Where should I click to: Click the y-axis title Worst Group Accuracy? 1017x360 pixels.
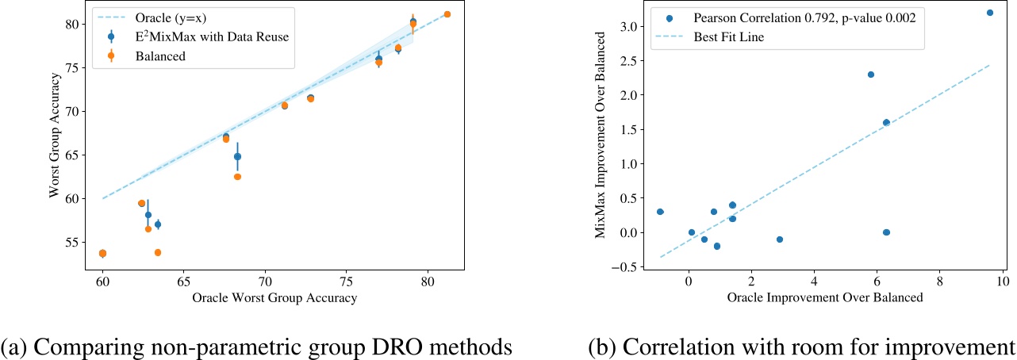pyautogui.click(x=55, y=136)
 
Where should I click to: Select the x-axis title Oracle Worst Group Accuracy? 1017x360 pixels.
pyautogui.click(x=274, y=298)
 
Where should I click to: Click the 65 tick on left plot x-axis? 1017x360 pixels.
pyautogui.click(x=183, y=281)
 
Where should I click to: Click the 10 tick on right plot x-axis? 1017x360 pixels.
pyautogui.click(x=1002, y=281)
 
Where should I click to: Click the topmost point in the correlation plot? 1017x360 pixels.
pyautogui.click(x=989, y=13)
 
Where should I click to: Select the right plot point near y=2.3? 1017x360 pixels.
pyautogui.click(x=870, y=75)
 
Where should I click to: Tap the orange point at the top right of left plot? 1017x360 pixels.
pyautogui.click(x=447, y=14)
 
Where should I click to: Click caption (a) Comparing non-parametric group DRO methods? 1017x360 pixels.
pyautogui.click(x=256, y=347)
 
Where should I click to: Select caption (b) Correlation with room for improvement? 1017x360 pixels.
pyautogui.click(x=801, y=347)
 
